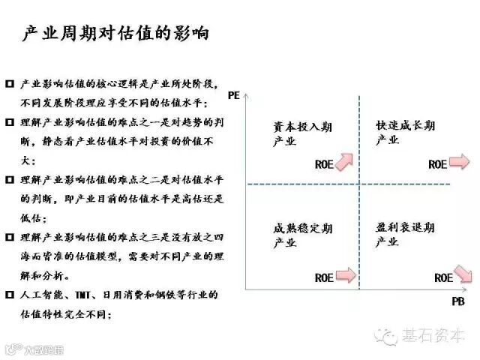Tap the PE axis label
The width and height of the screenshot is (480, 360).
pos(233,95)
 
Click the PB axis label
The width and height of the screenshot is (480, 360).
pos(459,301)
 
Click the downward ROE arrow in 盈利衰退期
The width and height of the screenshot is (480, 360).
pos(463,275)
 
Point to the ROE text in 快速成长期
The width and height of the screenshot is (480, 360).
pos(437,164)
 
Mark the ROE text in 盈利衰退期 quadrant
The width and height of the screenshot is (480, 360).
pos(443,277)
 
